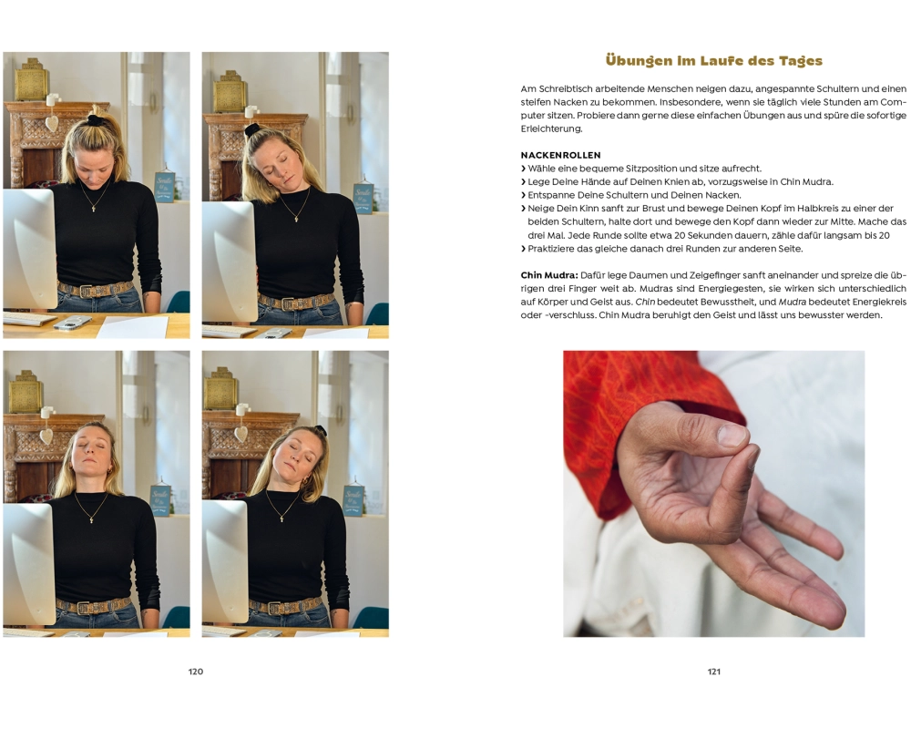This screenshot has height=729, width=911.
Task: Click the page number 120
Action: (196, 672)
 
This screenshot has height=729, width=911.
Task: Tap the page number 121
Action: (714, 672)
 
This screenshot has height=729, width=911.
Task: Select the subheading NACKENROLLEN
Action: (560, 155)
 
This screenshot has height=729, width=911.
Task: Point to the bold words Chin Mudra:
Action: (549, 275)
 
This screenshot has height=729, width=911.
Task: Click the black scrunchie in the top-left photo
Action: (96, 119)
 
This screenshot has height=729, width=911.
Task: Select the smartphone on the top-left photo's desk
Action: (73, 322)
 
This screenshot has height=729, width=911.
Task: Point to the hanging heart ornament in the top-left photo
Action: (52, 123)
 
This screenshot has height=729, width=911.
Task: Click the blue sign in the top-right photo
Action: (363, 199)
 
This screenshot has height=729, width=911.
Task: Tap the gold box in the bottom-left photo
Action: (25, 391)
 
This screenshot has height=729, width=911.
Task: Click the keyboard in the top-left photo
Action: (29, 319)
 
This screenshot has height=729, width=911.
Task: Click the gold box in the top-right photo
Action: (230, 91)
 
